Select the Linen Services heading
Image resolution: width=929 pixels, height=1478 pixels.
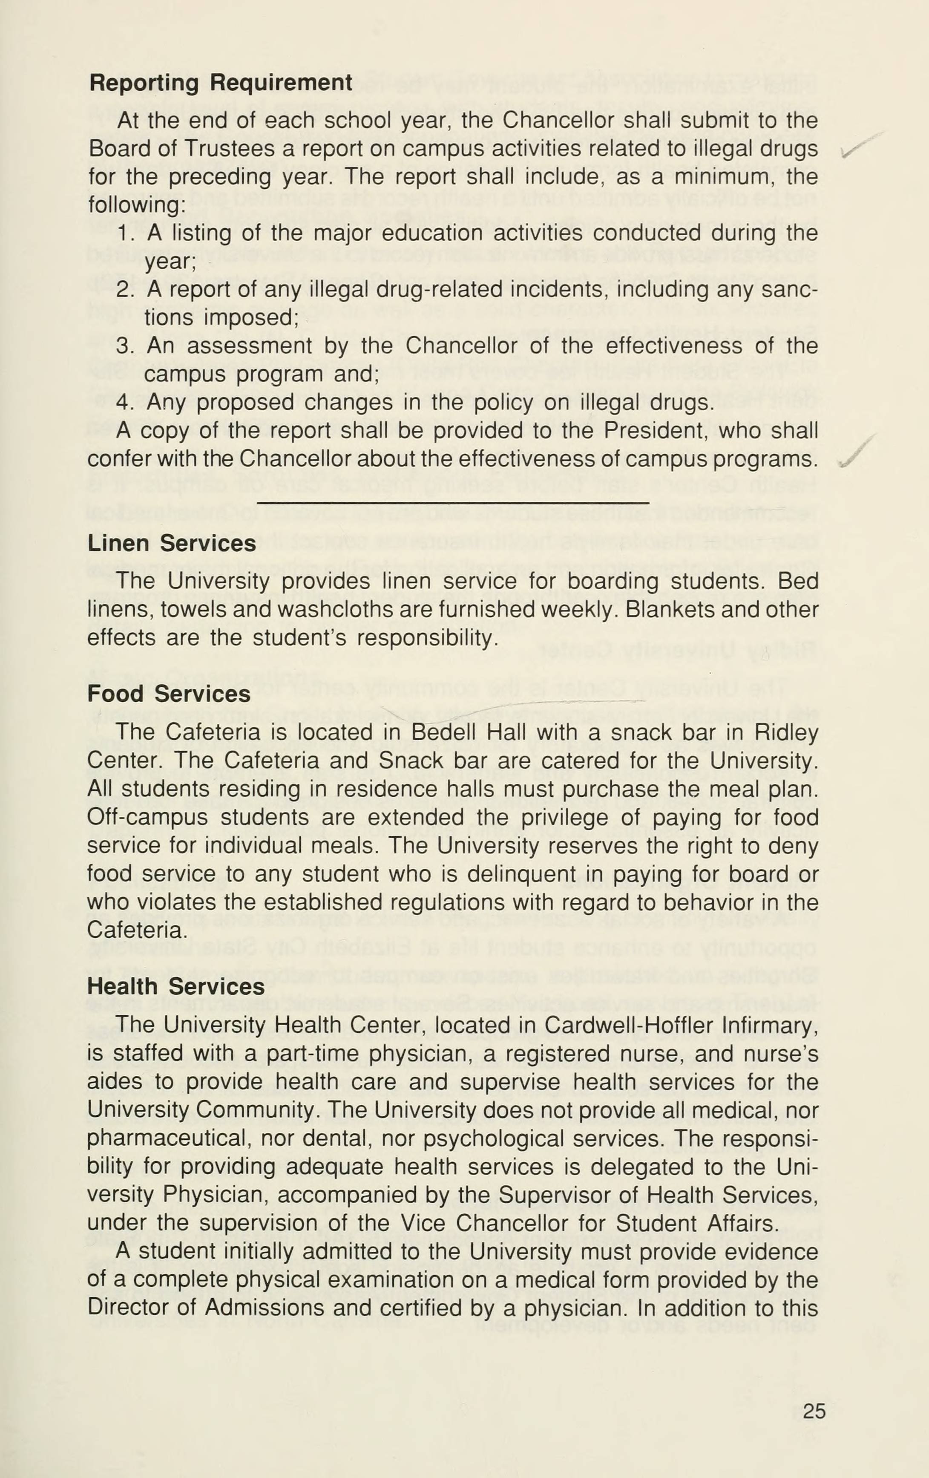click(172, 544)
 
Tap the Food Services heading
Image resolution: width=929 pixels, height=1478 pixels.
click(169, 694)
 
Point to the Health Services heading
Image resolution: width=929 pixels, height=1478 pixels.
click(176, 986)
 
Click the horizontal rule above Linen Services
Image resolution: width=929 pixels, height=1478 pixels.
click(453, 503)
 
